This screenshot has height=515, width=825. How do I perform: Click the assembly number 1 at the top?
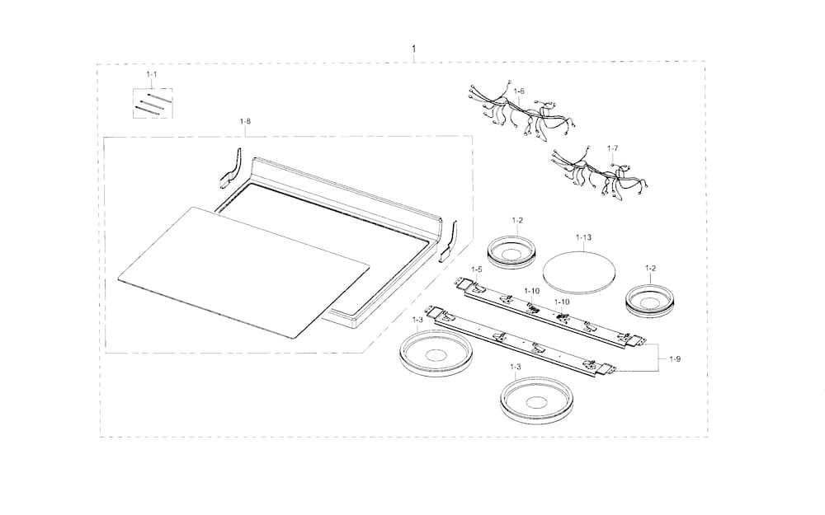(x=413, y=49)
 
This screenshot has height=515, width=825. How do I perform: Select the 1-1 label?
(x=152, y=75)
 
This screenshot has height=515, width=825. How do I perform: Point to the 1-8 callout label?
(x=245, y=121)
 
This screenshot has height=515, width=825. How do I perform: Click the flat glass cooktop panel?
(x=244, y=271)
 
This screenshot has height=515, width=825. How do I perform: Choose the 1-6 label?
(x=519, y=91)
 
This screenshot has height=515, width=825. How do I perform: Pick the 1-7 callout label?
(x=612, y=148)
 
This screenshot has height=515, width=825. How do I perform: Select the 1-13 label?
(x=583, y=237)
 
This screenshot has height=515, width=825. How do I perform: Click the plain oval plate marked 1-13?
(x=579, y=272)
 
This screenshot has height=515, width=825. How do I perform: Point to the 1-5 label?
(x=477, y=269)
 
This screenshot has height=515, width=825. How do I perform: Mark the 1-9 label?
(x=675, y=359)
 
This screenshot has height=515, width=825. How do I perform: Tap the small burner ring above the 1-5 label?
(x=511, y=251)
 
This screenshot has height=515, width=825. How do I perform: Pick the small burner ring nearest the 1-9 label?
(x=650, y=300)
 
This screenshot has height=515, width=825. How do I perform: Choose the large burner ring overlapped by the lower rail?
(x=435, y=353)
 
